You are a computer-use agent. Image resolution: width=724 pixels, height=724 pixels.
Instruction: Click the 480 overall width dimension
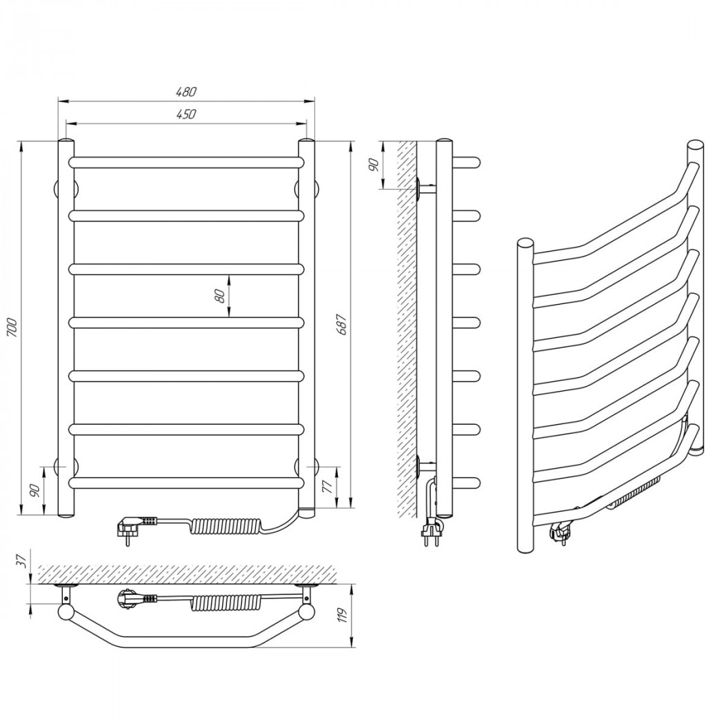point(186,92)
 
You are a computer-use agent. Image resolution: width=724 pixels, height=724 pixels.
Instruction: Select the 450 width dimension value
point(186,114)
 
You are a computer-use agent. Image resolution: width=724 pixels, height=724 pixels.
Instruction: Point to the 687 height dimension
point(342,325)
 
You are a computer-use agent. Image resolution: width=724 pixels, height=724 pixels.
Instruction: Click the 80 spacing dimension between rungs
point(220,296)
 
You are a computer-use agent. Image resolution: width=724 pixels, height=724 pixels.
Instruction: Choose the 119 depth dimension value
point(342,616)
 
